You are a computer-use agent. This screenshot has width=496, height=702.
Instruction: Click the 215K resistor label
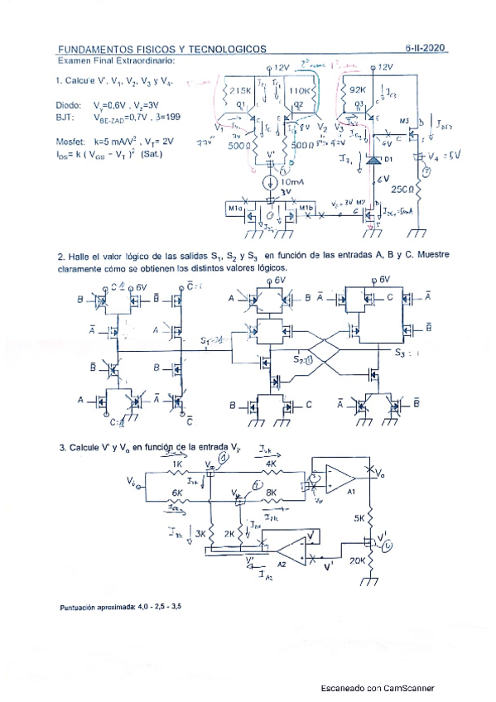(241, 90)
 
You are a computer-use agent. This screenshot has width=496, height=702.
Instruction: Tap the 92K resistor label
(359, 90)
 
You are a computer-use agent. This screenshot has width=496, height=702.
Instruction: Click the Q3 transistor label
(359, 104)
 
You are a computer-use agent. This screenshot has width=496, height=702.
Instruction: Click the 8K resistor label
(272, 493)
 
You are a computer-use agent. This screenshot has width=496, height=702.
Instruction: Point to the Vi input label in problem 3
(132, 480)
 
